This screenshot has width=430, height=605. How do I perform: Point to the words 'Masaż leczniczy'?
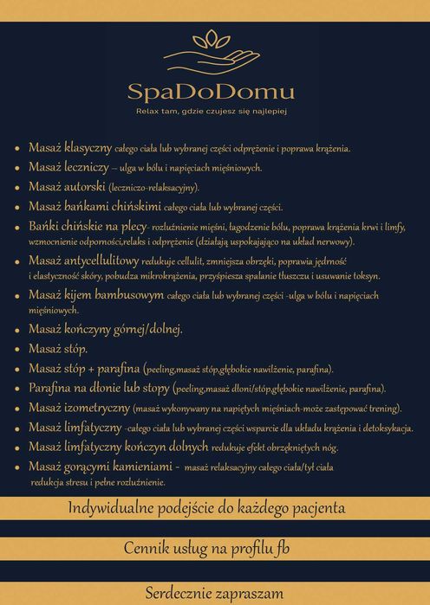point(68,166)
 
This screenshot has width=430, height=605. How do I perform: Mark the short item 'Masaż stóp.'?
point(57,348)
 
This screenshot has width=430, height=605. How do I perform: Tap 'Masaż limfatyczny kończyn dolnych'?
point(118,447)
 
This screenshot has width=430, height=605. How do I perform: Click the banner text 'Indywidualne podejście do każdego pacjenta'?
point(213,507)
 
